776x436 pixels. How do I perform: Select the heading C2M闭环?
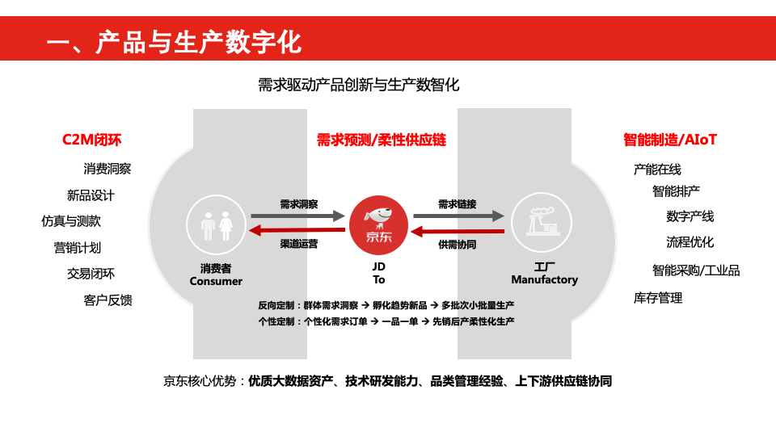click(x=91, y=140)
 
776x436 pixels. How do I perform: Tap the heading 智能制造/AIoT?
click(x=670, y=140)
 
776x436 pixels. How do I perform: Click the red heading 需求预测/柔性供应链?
click(x=381, y=140)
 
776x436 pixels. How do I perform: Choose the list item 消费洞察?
click(x=108, y=169)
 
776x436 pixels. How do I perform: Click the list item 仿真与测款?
click(x=71, y=221)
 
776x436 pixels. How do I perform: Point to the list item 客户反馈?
click(x=108, y=300)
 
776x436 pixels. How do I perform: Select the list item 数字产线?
click(x=690, y=216)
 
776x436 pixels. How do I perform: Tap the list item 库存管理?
click(x=658, y=298)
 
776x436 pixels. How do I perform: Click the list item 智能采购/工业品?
click(x=696, y=270)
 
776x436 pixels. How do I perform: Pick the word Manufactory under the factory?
click(x=544, y=280)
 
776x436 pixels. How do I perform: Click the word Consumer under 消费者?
click(x=216, y=282)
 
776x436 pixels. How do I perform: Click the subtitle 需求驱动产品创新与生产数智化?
click(x=359, y=85)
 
